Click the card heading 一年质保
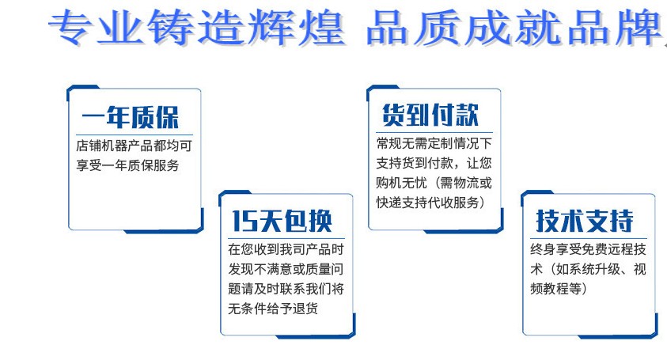(x=131, y=116)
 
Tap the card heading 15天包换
(x=282, y=222)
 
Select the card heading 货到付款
(x=430, y=115)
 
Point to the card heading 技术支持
(x=585, y=221)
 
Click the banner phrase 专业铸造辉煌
(x=196, y=28)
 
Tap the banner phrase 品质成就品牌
(x=514, y=28)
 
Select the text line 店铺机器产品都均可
(x=134, y=146)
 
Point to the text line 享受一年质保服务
(x=127, y=165)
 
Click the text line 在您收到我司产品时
(x=286, y=249)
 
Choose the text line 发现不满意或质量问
(x=286, y=269)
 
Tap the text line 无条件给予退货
(x=273, y=308)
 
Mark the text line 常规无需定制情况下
(x=434, y=143)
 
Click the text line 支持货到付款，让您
(x=434, y=163)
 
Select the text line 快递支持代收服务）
(x=430, y=203)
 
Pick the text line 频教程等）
(x=559, y=289)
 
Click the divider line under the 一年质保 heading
(x=135, y=135)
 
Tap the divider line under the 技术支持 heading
(x=589, y=238)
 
